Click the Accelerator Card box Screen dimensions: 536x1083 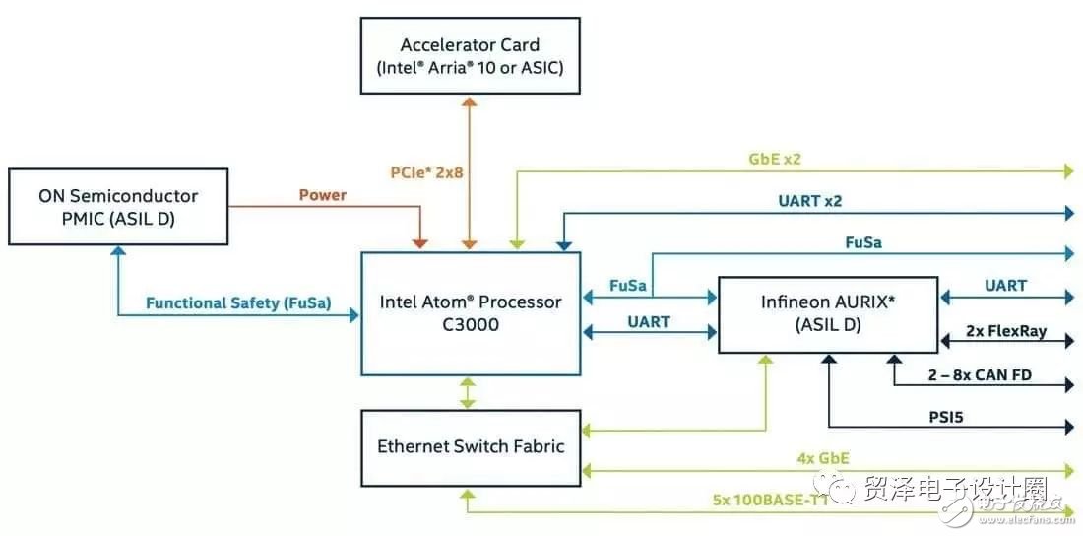pos(470,56)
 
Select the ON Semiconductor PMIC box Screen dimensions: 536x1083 pos(119,207)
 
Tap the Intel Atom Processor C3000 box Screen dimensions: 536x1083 pos(471,312)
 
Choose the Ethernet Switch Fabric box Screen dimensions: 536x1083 pos(471,446)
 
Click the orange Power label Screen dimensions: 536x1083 pos(323,195)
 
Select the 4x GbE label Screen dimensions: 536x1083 pos(823,457)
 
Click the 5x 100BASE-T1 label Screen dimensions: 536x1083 pos(768,499)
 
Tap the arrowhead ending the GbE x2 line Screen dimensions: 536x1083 pos(1068,170)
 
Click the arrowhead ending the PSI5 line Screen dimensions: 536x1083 pos(1068,427)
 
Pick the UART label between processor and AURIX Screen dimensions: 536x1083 pos(648,321)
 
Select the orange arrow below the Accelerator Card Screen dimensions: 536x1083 pos(471,172)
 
